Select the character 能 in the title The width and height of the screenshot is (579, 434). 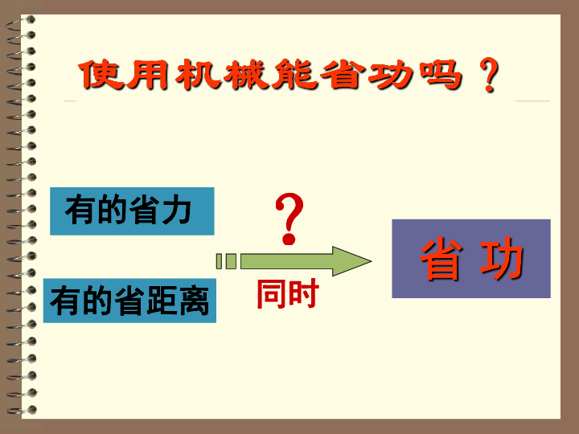click(x=294, y=75)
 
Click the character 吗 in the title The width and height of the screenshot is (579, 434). click(x=441, y=75)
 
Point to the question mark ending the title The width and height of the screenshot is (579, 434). click(x=489, y=75)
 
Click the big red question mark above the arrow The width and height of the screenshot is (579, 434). click(x=289, y=219)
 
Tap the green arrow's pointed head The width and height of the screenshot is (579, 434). click(x=371, y=261)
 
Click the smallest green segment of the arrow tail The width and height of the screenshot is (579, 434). click(x=219, y=261)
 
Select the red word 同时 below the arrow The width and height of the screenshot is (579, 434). click(x=288, y=293)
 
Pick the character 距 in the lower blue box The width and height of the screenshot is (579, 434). click(x=162, y=301)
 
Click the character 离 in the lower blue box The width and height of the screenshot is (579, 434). click(x=194, y=301)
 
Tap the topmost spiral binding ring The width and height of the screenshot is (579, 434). click(x=22, y=23)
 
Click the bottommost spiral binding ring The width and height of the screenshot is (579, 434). click(x=22, y=410)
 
